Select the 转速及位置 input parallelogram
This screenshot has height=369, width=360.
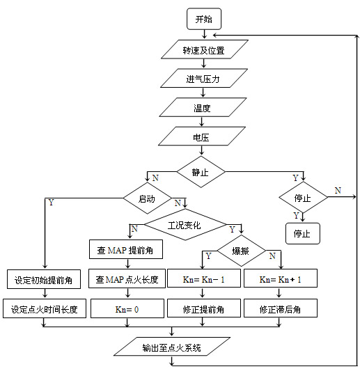pos(203,51)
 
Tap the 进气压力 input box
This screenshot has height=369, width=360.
pos(203,79)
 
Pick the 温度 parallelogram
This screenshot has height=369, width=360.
pos(203,108)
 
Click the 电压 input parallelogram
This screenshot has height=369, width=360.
pos(202,138)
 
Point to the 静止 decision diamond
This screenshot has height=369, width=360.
pos(201,169)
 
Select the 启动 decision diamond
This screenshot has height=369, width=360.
pos(146,198)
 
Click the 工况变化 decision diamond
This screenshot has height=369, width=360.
pos(185,225)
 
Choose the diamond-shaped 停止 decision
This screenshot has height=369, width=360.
pos(302,198)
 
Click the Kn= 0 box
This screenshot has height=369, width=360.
pos(127,308)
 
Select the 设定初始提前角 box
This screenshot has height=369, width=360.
pos(44,280)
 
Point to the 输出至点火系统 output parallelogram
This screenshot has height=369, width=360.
pos(172,346)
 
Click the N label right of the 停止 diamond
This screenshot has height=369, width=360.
pos(337,190)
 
